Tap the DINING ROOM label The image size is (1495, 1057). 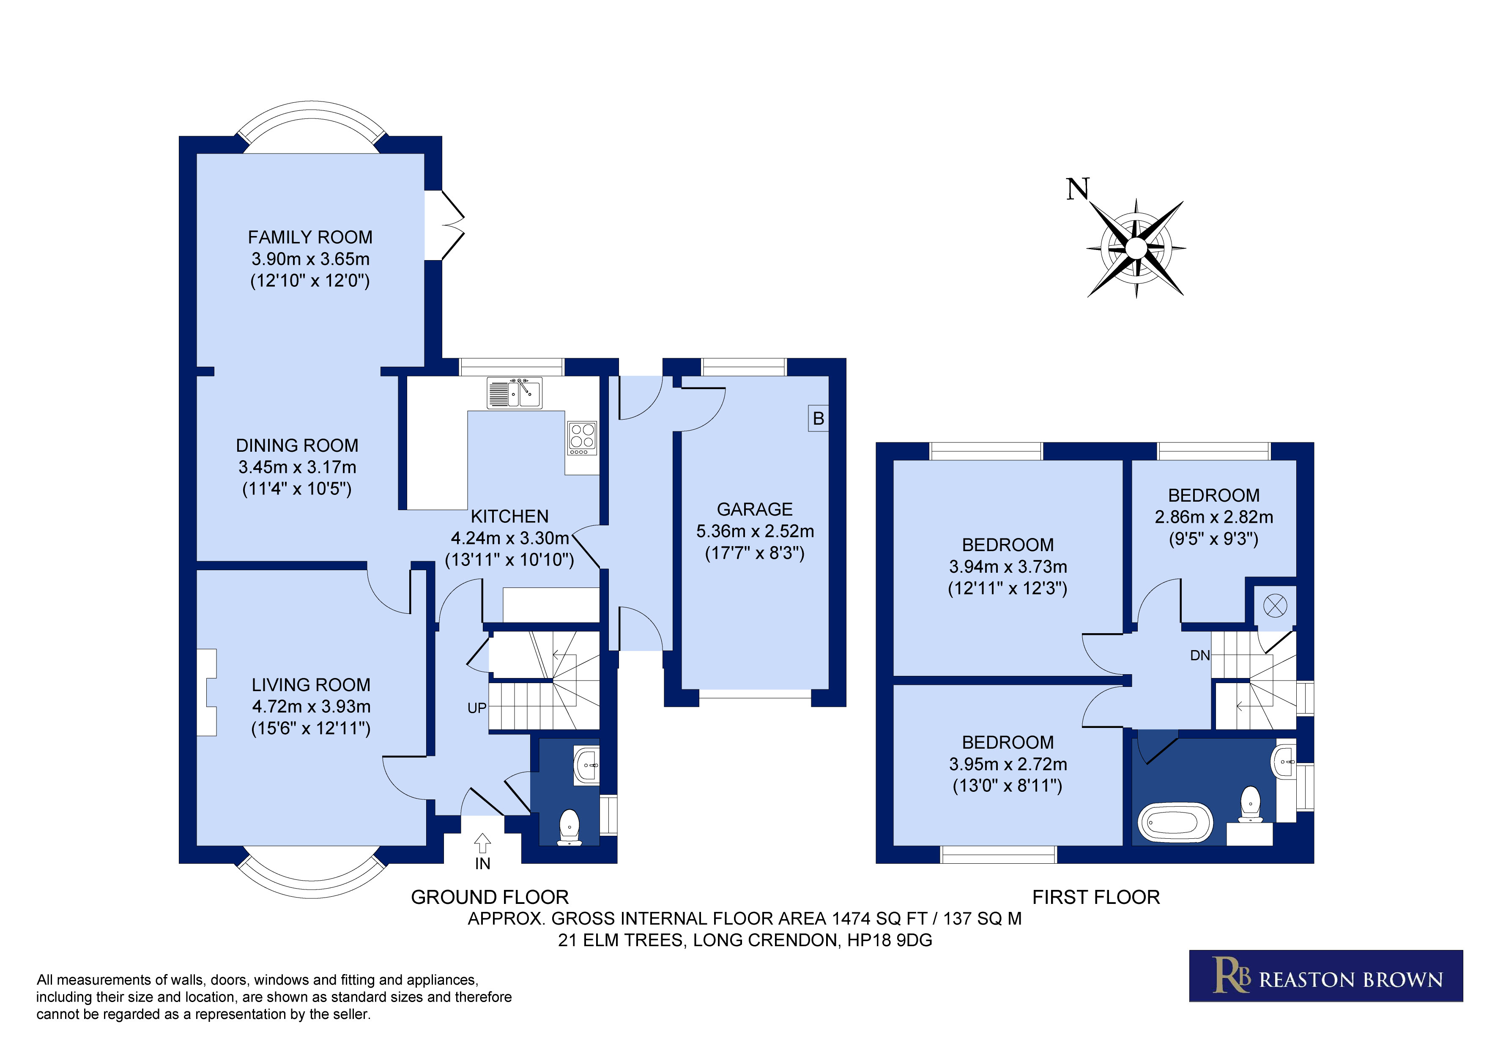[297, 445]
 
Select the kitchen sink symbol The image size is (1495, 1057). [515, 393]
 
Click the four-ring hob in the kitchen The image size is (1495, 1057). [582, 438]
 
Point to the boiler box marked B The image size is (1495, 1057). [819, 419]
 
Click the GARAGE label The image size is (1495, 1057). [755, 509]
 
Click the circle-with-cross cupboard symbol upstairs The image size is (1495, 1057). [1275, 606]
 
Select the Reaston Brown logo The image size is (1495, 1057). [1326, 976]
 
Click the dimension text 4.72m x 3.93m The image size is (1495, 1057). [311, 707]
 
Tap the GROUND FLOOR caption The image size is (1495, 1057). [490, 898]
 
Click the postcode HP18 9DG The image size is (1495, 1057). [890, 940]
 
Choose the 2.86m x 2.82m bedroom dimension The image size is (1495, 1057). [1214, 517]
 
